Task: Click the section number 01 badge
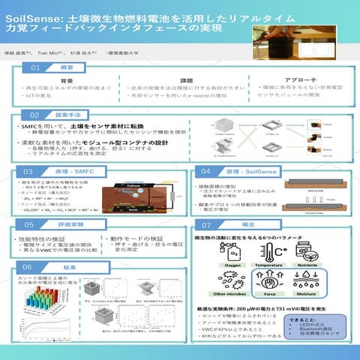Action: (x=35, y=67)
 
